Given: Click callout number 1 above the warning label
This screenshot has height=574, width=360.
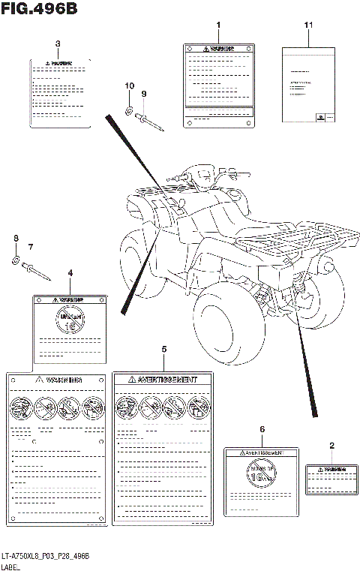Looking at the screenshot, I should pyautogui.click(x=218, y=26).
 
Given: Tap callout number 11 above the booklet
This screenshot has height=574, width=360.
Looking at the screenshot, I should pyautogui.click(x=308, y=26).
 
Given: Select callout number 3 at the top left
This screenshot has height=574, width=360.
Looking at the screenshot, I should pyautogui.click(x=58, y=44).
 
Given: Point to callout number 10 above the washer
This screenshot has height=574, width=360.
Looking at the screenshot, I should pyautogui.click(x=128, y=86).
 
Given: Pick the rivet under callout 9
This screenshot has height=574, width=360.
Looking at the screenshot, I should pyautogui.click(x=149, y=119).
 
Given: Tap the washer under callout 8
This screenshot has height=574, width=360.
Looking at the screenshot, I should pyautogui.click(x=16, y=261).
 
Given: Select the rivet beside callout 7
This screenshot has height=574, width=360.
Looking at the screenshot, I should pyautogui.click(x=37, y=270).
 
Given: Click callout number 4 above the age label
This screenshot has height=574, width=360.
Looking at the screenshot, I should pyautogui.click(x=70, y=274).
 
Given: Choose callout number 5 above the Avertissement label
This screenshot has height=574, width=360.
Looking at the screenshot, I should pyautogui.click(x=164, y=350).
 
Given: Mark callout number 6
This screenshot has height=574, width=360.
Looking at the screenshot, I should pyautogui.click(x=262, y=428).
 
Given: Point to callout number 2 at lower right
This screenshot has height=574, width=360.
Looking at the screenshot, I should pyautogui.click(x=331, y=446).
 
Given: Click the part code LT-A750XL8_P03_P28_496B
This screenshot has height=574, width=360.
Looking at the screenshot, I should pyautogui.click(x=46, y=554).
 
